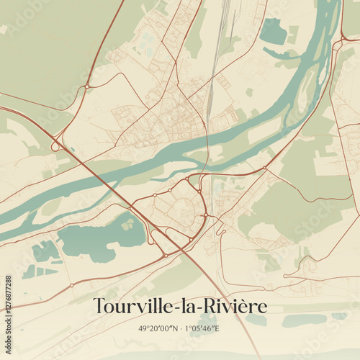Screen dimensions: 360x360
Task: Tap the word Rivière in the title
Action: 238,306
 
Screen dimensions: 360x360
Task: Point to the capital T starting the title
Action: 99,305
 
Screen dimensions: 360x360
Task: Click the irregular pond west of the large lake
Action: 45,251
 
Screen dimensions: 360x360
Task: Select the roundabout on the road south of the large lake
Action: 165,256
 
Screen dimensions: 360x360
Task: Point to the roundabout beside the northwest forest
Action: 87,86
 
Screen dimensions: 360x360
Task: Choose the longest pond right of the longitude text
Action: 302,320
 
